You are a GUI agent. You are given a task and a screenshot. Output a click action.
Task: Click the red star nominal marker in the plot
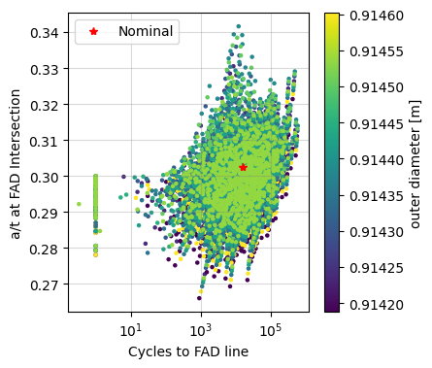click(243, 167)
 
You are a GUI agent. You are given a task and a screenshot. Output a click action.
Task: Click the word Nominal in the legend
click(147, 31)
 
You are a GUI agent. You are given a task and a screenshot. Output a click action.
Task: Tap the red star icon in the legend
click(94, 31)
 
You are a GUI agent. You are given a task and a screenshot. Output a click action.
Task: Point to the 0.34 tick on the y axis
click(45, 33)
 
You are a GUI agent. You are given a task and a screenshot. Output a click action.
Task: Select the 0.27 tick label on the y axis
click(45, 285)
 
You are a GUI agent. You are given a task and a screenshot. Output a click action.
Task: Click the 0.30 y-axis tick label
click(45, 177)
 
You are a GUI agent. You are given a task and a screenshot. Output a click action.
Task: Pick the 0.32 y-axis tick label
click(45, 105)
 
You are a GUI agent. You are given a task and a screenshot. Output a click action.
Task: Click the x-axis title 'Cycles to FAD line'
click(188, 351)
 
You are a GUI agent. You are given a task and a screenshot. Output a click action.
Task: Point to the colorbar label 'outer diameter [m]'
click(415, 162)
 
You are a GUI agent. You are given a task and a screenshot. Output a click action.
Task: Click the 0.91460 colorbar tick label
click(372, 17)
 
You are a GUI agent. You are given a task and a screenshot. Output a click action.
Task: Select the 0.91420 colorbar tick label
click(372, 304)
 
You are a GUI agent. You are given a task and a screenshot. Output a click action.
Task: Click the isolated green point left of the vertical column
click(79, 204)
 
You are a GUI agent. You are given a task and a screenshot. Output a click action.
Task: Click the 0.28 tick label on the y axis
click(45, 250)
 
